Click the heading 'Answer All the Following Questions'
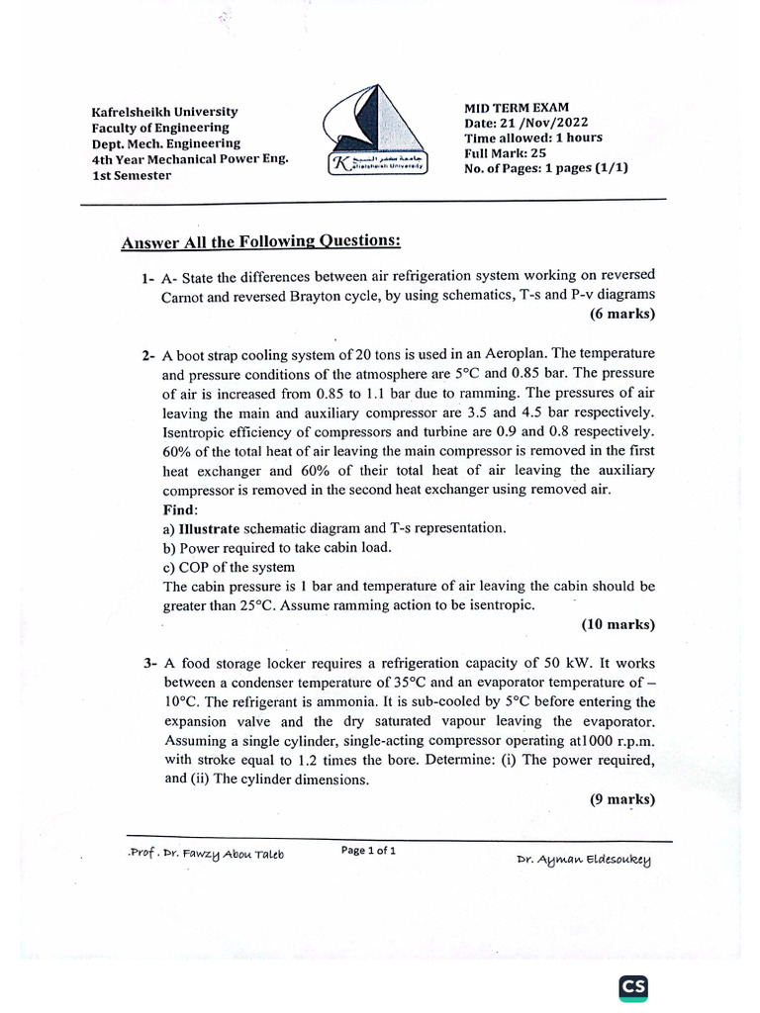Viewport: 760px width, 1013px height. click(x=261, y=242)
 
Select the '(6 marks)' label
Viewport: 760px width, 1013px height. click(x=621, y=315)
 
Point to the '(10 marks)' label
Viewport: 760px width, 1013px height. click(x=617, y=625)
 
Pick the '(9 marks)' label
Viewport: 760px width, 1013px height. click(x=621, y=801)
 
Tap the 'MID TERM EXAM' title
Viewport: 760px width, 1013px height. click(x=517, y=108)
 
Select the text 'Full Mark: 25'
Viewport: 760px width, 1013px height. click(x=505, y=153)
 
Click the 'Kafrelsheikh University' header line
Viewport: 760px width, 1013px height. click(x=164, y=112)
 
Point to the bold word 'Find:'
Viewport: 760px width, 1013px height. click(x=181, y=509)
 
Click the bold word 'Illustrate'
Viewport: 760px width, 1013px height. click(x=209, y=528)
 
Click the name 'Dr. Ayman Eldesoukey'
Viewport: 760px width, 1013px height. click(x=584, y=859)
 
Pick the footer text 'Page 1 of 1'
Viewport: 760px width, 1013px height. click(x=368, y=850)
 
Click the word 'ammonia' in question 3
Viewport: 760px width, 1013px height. click(x=357, y=702)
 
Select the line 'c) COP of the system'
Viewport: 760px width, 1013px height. click(x=229, y=567)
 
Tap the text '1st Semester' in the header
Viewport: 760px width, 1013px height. click(x=132, y=175)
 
